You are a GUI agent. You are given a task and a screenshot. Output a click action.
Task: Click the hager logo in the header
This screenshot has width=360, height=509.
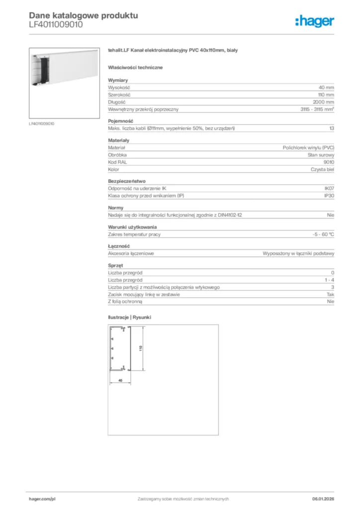click(314, 21)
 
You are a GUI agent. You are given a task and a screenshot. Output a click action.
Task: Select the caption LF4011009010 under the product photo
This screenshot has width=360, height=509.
click(42, 123)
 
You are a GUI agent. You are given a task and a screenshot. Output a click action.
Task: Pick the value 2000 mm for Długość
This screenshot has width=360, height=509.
click(323, 102)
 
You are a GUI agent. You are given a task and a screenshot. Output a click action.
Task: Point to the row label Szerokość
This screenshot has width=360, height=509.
click(119, 94)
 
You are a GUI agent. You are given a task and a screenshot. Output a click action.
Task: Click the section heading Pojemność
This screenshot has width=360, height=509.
click(120, 121)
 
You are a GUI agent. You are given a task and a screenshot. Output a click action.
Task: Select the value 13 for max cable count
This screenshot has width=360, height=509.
click(331, 128)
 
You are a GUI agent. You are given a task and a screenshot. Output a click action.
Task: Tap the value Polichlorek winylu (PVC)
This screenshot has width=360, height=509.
click(308, 148)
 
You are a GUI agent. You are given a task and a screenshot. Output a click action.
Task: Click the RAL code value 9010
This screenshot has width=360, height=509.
click(329, 162)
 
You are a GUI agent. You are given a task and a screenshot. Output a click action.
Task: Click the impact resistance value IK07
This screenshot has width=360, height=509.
click(329, 188)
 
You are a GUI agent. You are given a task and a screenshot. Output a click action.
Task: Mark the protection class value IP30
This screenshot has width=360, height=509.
click(329, 196)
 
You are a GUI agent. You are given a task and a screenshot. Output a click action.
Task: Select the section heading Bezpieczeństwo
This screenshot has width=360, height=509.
click(127, 181)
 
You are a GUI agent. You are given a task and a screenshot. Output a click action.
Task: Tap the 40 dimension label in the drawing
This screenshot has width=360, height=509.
click(120, 380)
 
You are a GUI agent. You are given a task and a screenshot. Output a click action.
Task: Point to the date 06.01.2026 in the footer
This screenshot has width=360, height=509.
click(323, 499)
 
